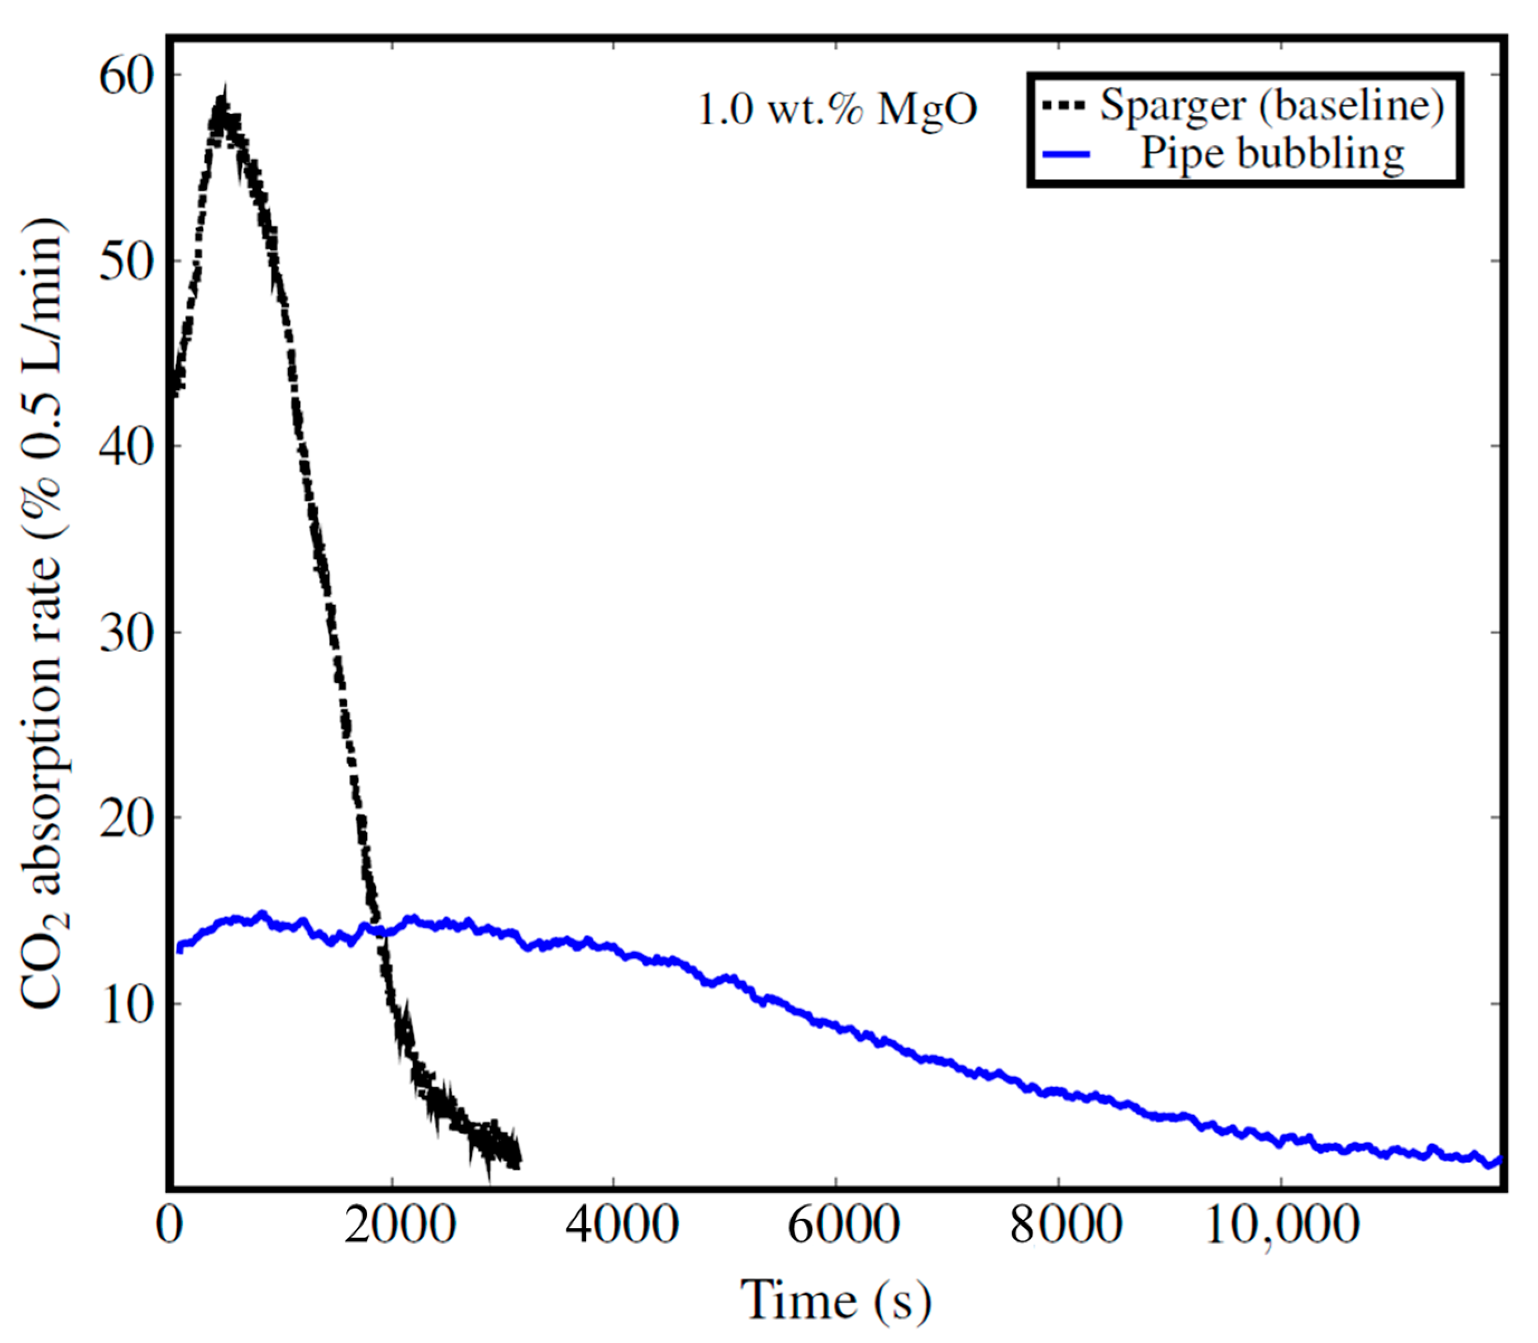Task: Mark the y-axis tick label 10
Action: pos(126,1004)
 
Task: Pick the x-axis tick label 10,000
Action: pos(1283,1226)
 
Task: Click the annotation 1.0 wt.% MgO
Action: pos(837,110)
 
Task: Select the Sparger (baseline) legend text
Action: pos(1271,105)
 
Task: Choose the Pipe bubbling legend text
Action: pos(1272,154)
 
